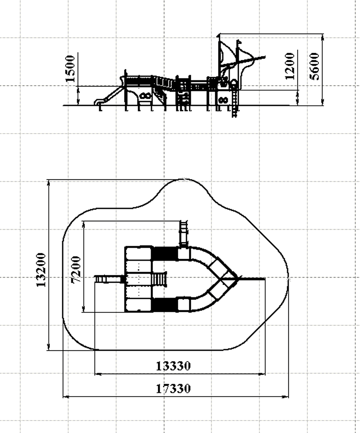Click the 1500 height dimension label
click(x=70, y=69)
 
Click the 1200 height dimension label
click(x=290, y=66)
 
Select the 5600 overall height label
click(x=314, y=66)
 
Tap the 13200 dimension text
click(x=41, y=270)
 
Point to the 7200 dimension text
click(x=76, y=269)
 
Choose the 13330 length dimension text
click(x=173, y=366)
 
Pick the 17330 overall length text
click(x=173, y=389)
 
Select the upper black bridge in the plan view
click(x=165, y=253)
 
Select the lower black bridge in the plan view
click(x=165, y=305)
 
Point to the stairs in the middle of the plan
click(x=160, y=279)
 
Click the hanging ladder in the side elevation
click(x=235, y=100)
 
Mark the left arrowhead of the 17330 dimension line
click(x=66, y=397)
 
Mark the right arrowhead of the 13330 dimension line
click(x=262, y=374)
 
